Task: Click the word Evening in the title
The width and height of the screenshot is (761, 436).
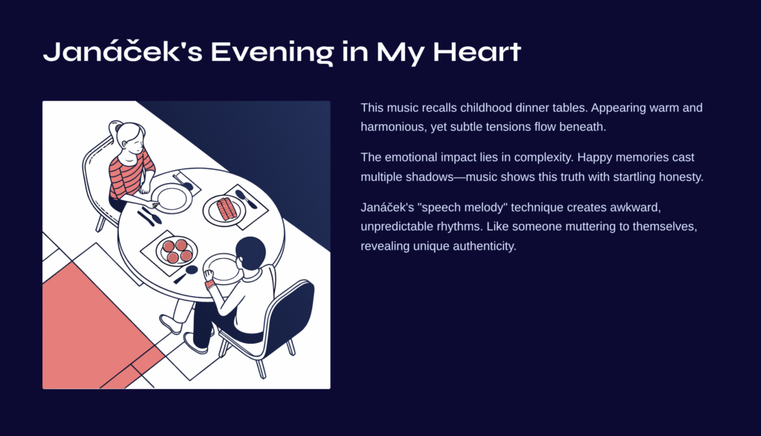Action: click(272, 52)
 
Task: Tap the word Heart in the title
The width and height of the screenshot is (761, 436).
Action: click(476, 52)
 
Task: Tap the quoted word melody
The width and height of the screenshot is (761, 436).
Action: click(481, 208)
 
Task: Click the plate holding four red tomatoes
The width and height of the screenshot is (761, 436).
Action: click(177, 250)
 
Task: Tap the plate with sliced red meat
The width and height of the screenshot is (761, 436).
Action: click(224, 209)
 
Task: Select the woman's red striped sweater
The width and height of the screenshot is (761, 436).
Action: click(129, 176)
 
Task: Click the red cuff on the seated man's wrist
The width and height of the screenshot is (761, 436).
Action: click(210, 284)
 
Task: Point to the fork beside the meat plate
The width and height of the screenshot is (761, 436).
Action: click(246, 199)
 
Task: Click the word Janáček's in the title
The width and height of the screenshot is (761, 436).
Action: click(123, 52)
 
